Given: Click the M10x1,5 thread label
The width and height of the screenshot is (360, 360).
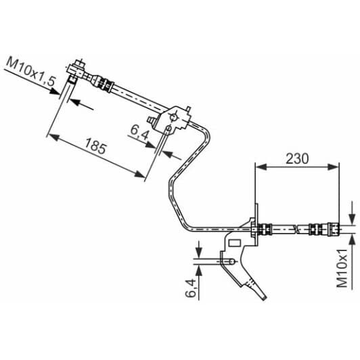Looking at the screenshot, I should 31,70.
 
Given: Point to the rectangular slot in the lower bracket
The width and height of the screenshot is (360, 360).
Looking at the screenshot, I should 236,242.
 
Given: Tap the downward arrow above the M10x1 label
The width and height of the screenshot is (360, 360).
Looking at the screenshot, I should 352,215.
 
